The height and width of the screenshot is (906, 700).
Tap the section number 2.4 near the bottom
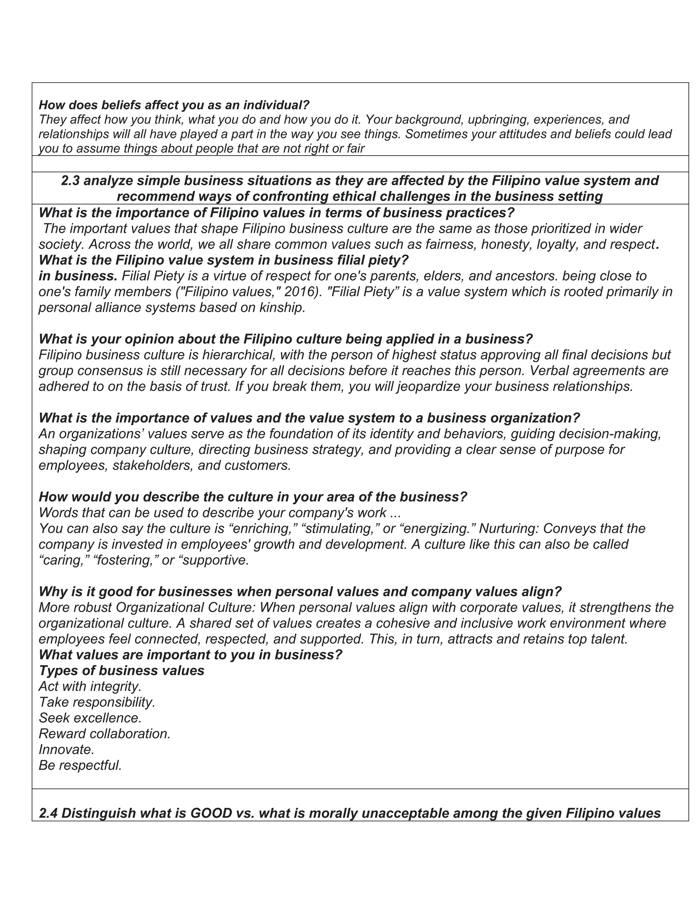[49, 813]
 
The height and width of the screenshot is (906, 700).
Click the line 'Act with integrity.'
[90, 686]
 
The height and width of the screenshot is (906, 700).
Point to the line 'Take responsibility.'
[97, 702]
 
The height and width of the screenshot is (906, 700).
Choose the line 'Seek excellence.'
[90, 718]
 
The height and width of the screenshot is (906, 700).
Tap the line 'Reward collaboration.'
[105, 733]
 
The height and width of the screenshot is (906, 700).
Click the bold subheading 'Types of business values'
[121, 670]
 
